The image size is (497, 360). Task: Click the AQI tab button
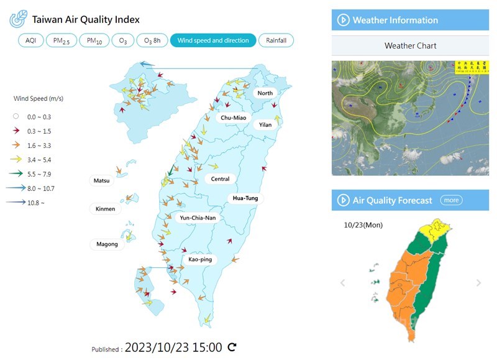pos(31,40)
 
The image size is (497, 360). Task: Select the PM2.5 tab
pos(62,40)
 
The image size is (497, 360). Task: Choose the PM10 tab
pos(94,40)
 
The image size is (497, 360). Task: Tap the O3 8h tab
pos(152,40)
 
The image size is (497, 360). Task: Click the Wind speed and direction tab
pos(213,40)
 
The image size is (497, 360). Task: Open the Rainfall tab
pos(276,40)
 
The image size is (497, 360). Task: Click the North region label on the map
pos(265,93)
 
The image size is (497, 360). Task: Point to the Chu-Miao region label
pos(233,118)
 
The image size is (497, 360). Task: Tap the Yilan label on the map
pos(265,124)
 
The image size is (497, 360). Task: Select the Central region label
pos(220,179)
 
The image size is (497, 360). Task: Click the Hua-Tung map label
pos(244,198)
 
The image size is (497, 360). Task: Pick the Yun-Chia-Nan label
pos(198,218)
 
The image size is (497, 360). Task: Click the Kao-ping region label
pos(200,259)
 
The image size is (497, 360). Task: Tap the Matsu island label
pos(103,182)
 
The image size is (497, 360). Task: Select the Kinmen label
pos(106,209)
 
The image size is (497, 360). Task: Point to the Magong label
pos(107,244)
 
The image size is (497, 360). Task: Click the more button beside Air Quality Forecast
pos(451,200)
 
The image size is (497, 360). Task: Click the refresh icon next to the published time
pos(232,347)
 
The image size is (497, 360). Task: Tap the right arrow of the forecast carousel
pos(478,283)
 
